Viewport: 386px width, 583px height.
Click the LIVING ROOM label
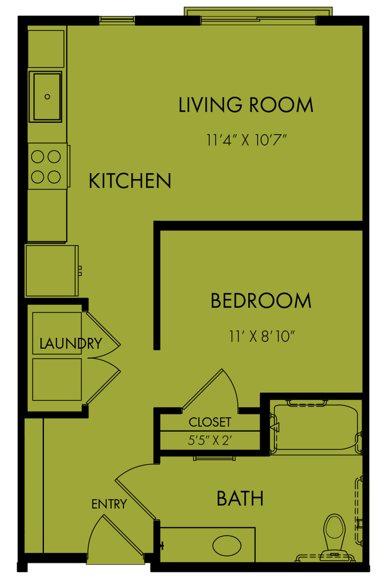[x=246, y=105]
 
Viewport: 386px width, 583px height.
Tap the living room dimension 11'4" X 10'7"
[x=246, y=141]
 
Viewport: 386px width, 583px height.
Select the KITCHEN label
[x=130, y=180]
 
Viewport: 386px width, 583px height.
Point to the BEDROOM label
[x=261, y=301]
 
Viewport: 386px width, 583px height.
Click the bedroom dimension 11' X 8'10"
[x=261, y=336]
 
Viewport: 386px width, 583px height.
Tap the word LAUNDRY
[x=70, y=343]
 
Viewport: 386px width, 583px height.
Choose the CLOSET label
[x=210, y=423]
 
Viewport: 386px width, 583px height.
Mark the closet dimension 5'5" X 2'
[x=210, y=442]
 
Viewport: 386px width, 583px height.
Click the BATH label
[x=240, y=498]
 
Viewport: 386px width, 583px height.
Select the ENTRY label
[x=109, y=505]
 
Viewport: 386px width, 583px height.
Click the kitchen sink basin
[x=46, y=96]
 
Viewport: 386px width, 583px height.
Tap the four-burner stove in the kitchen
[x=46, y=167]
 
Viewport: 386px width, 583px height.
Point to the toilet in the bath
[x=335, y=532]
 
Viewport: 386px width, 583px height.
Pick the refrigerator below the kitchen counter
[x=51, y=271]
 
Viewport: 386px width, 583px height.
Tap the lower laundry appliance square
[x=56, y=379]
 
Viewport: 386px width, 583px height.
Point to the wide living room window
[x=258, y=17]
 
